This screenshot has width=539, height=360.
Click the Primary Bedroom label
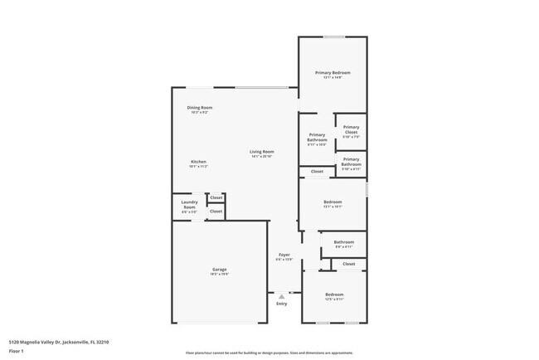333,73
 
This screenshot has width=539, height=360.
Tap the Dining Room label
199,108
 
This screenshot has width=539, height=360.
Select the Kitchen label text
198,162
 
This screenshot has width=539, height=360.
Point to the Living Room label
262,152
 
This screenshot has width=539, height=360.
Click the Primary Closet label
351,131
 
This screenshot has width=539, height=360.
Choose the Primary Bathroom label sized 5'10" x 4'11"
351,162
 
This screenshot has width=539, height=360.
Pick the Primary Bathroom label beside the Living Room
317,138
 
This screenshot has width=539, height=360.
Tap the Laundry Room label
189,207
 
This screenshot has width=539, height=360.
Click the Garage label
219,270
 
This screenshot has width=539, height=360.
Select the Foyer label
284,255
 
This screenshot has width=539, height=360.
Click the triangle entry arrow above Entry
281,295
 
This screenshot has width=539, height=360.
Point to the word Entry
281,304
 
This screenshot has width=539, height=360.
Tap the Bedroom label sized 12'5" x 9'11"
334,295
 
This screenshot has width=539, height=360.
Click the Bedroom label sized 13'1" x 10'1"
333,202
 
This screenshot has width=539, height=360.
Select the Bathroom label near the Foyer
344,243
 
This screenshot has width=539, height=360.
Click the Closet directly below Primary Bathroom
317,172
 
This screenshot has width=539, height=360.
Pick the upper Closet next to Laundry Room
216,197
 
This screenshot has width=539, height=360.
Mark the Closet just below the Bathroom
348,264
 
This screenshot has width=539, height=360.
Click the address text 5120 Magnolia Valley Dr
59,341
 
